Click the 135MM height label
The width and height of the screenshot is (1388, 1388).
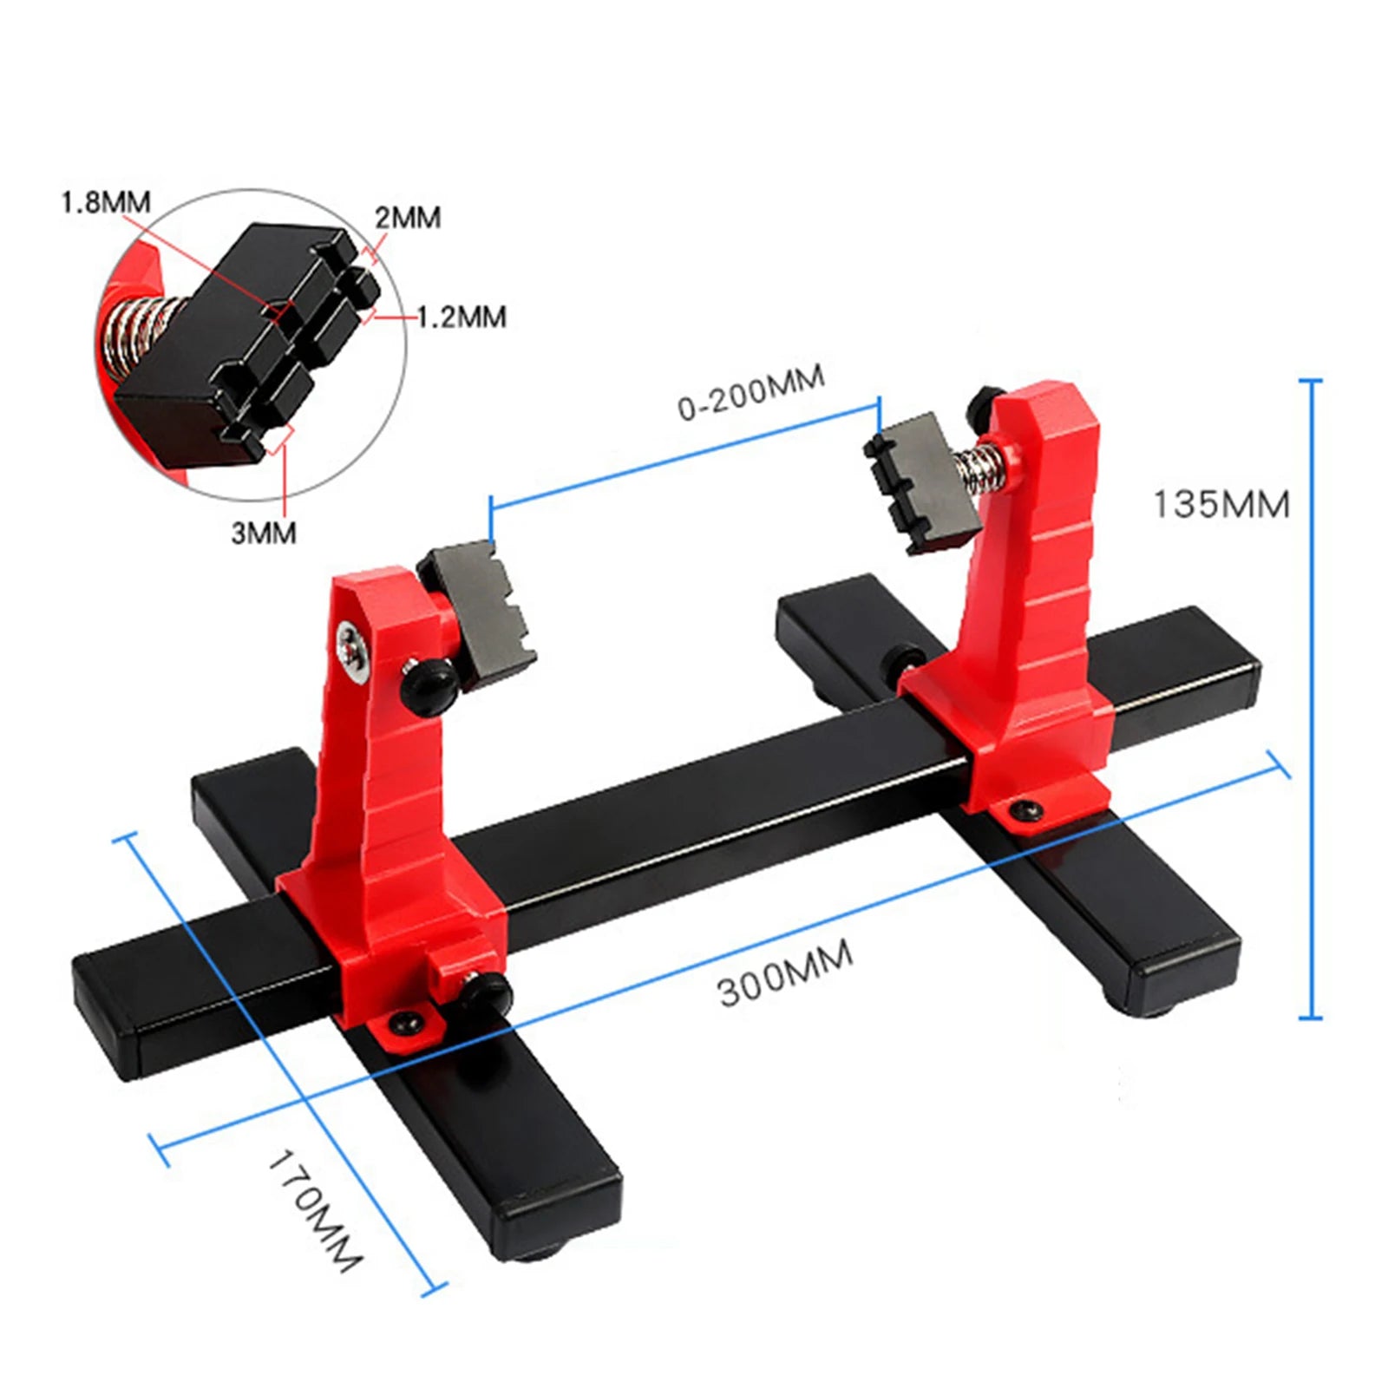(1221, 504)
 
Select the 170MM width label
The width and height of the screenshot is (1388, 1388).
(314, 1210)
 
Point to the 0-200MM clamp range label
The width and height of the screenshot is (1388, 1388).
(751, 392)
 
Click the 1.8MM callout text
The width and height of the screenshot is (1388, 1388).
(105, 202)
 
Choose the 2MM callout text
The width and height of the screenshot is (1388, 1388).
(408, 217)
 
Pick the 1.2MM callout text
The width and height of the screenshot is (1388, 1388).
(462, 317)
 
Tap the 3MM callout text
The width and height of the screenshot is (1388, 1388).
(263, 533)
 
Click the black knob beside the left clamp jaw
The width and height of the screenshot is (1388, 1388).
(426, 682)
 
